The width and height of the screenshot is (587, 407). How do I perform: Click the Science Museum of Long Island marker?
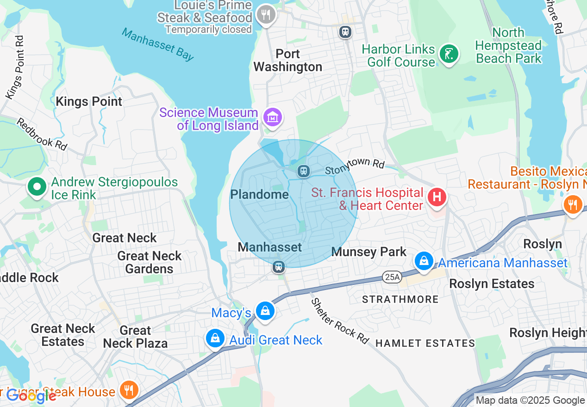[273, 117]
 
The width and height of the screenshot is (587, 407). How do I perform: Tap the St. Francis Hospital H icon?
[437, 197]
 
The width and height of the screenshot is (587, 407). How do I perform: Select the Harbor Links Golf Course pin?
[448, 54]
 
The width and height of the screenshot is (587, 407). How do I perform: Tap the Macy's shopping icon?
[265, 311]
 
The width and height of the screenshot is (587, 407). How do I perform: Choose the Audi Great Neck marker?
[215, 339]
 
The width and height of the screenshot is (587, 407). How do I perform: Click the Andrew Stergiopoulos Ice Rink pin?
[37, 187]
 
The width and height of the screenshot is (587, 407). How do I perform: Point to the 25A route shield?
[392, 277]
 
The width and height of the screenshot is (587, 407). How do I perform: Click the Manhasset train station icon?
[279, 267]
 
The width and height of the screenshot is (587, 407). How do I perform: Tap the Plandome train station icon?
[303, 171]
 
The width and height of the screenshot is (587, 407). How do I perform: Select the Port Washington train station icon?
[345, 32]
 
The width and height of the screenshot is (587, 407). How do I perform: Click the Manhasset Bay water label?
[157, 44]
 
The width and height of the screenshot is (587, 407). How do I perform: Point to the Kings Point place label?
[89, 102]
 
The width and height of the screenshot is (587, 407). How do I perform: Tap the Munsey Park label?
[369, 252]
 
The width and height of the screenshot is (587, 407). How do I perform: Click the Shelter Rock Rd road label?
[340, 321]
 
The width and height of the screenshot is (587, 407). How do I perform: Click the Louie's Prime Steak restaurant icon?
[266, 15]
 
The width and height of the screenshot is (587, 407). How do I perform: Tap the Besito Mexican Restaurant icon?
[573, 204]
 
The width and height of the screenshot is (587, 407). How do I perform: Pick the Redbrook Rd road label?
[42, 134]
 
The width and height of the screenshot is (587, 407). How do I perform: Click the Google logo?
[31, 396]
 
